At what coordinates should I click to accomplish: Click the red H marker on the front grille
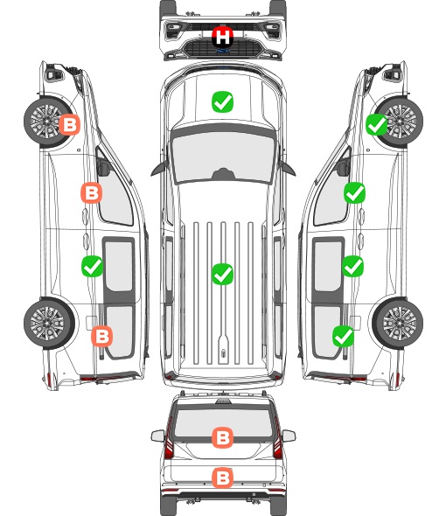222,37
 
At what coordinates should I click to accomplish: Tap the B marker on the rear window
222,437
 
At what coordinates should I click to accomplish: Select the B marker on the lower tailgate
222,478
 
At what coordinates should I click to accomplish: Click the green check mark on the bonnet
222,101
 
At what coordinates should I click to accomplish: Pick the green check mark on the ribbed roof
222,274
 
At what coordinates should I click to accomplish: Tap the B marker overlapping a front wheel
69,125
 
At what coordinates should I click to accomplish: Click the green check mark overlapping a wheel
377,125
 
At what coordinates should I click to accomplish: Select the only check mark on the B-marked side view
92,266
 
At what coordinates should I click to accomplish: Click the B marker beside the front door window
92,192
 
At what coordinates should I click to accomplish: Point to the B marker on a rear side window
102,337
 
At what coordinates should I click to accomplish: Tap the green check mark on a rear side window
344,337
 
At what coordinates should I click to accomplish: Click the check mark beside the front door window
354,192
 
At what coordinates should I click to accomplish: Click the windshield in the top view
223,156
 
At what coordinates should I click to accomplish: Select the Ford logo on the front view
222,51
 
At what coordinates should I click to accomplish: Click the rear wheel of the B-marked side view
49,323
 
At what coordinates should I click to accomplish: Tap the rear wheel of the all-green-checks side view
398,323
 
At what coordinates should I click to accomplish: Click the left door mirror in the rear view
158,436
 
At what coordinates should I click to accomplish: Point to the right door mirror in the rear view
289,436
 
